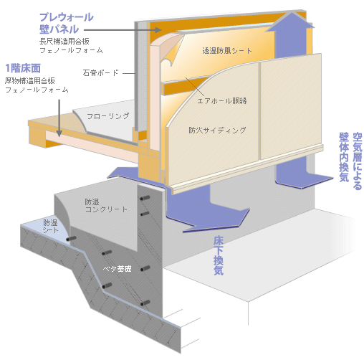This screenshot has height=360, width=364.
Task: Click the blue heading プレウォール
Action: (67, 17)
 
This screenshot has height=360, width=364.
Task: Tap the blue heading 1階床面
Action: (23, 68)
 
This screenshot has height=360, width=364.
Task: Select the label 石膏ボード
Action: (100, 72)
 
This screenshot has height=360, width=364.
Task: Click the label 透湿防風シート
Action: (227, 51)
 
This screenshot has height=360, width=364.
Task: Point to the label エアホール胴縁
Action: (222, 100)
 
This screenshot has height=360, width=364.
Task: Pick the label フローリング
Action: (107, 116)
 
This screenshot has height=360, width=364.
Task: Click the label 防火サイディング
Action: (217, 131)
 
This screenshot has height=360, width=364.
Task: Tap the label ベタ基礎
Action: (117, 269)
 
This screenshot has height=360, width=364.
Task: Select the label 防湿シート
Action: (50, 226)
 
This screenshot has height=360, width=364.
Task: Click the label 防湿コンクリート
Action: (106, 206)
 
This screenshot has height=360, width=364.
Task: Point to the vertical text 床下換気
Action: (219, 255)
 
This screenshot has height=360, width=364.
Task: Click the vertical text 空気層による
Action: (358, 161)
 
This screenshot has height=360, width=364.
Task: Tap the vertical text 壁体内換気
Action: (344, 157)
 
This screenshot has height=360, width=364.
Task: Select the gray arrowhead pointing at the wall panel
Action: (158, 30)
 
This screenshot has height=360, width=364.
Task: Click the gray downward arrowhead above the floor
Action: (59, 133)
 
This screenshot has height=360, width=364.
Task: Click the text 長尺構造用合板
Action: (64, 41)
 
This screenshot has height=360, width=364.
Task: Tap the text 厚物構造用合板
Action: (30, 81)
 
